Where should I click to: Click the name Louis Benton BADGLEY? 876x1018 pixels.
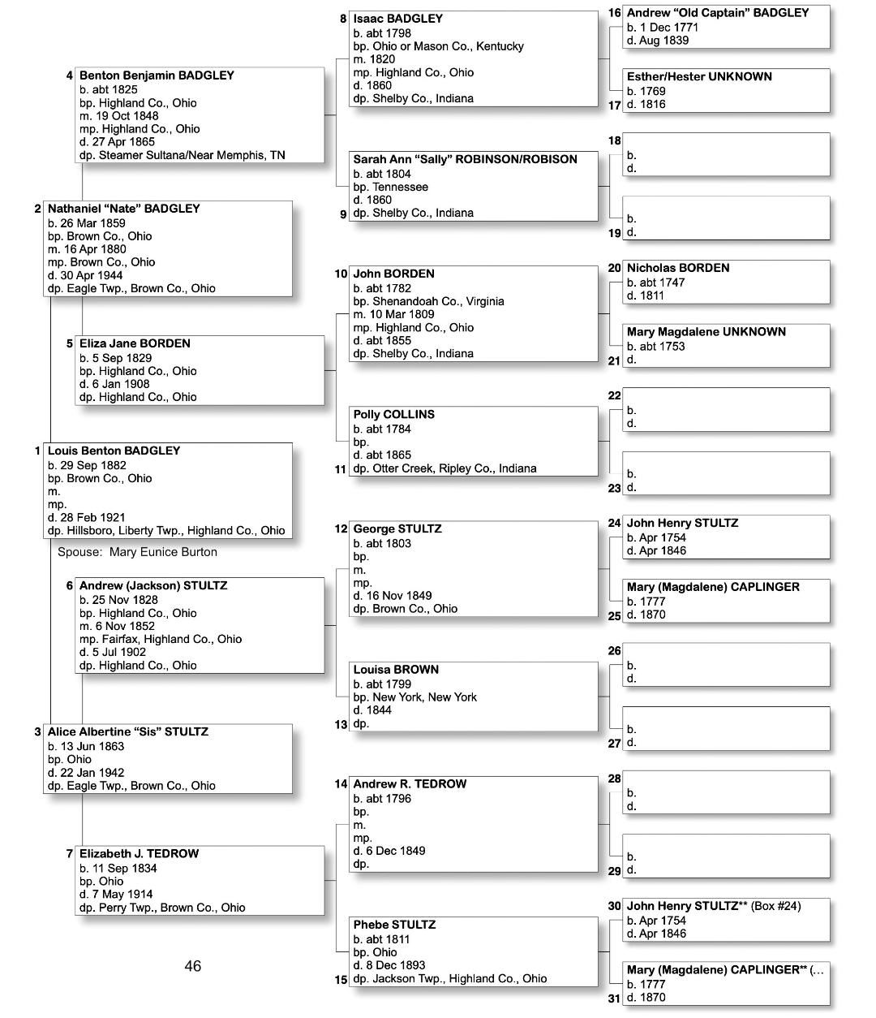pos(114,451)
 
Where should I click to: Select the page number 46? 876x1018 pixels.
pos(192,966)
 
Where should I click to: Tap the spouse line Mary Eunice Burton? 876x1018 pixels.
pos(137,552)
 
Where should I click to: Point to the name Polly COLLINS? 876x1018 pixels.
pos(393,414)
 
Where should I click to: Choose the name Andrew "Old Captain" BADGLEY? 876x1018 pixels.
pos(717,13)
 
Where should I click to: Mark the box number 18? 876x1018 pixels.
pos(614,141)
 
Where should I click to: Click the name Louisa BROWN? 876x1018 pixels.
pos(396,670)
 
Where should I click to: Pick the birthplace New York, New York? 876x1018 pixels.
pos(424,697)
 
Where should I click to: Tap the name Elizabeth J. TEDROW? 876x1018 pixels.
pos(139,854)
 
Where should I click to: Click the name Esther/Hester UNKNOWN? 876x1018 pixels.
pos(698,77)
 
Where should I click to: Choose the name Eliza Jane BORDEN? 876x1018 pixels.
pos(135,343)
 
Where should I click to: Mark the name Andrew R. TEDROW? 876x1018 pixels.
pos(410,784)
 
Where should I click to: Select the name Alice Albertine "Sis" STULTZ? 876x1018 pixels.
pos(127,731)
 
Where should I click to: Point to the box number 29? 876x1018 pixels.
pos(614,871)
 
